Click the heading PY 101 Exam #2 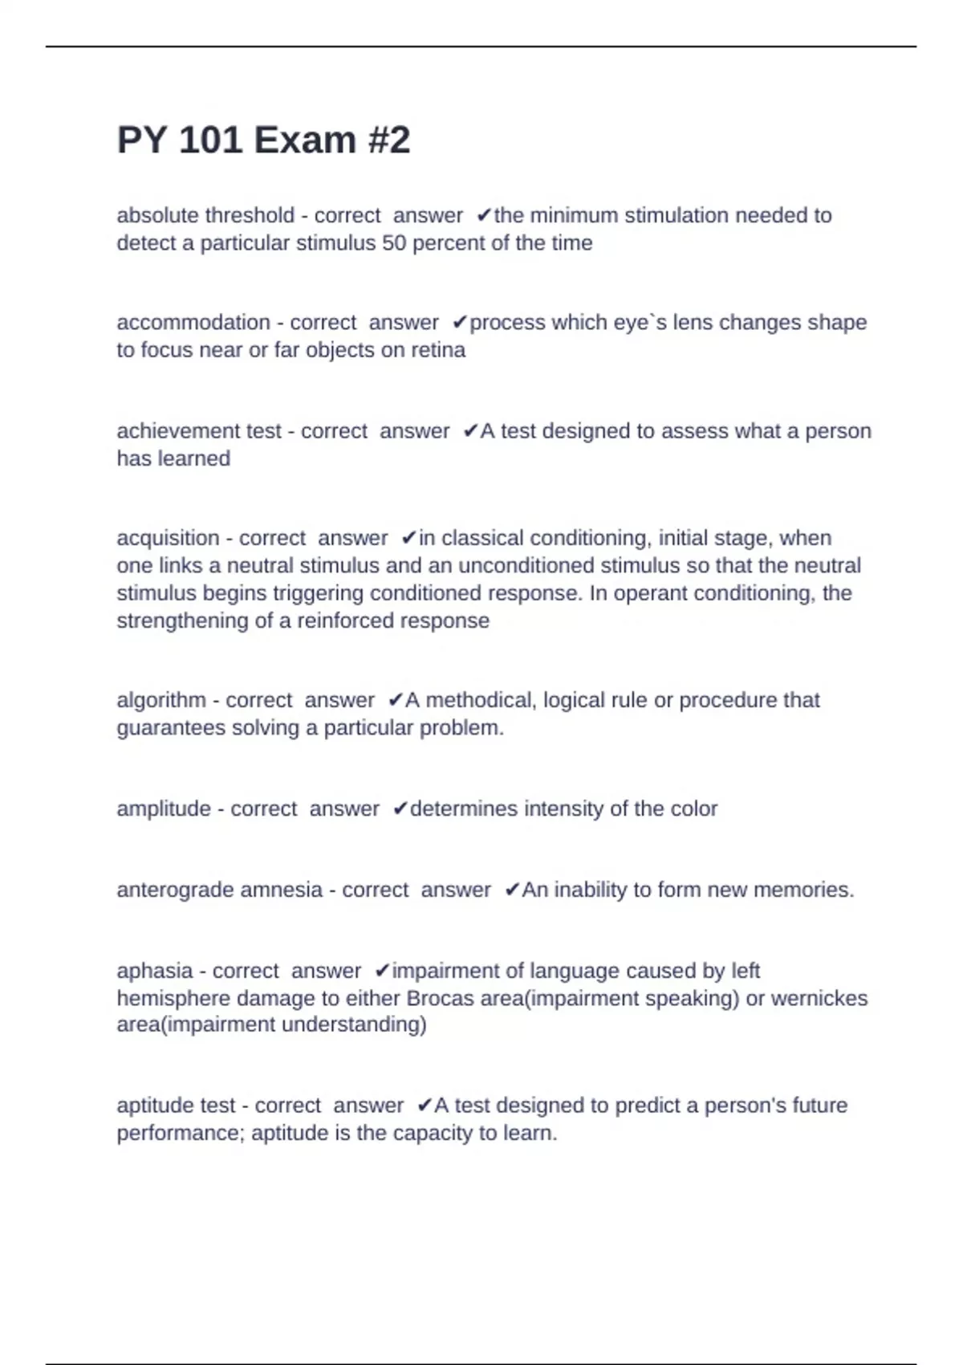click(x=263, y=141)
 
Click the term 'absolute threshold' click(x=205, y=216)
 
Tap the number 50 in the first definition click(x=394, y=243)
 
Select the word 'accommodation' click(x=193, y=323)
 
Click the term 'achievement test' click(x=199, y=431)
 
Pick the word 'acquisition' click(x=168, y=538)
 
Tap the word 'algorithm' click(x=161, y=700)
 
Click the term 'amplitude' click(x=164, y=809)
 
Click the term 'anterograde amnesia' click(x=219, y=890)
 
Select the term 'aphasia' click(x=155, y=971)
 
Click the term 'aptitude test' click(x=176, y=1106)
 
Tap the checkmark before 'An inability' click(x=512, y=890)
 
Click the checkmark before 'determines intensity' click(x=400, y=809)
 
